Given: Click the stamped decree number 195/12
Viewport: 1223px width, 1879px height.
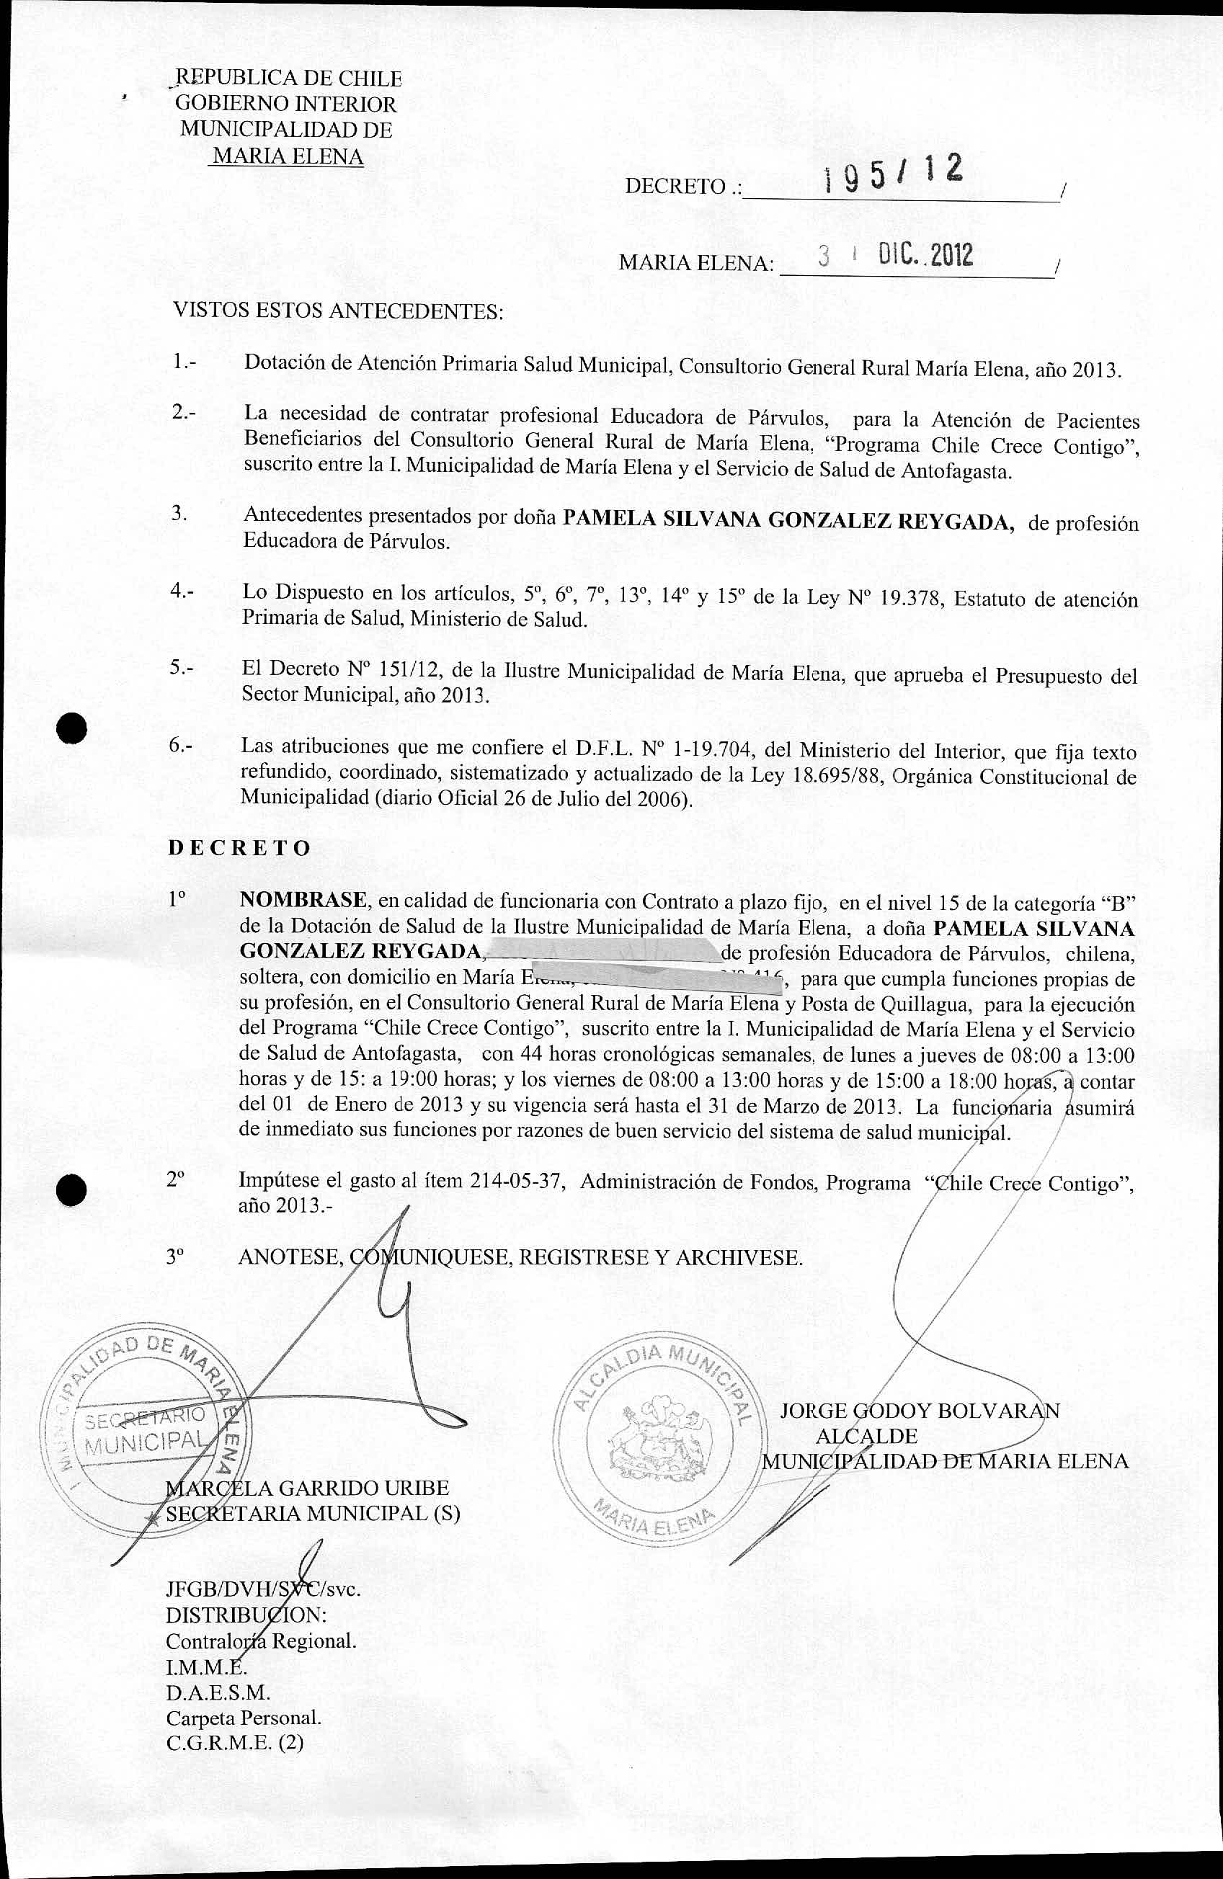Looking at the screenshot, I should [x=892, y=174].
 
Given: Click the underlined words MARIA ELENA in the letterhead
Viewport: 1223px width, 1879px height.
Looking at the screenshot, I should [x=288, y=156].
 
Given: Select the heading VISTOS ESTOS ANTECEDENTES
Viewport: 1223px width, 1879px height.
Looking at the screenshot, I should [x=338, y=311].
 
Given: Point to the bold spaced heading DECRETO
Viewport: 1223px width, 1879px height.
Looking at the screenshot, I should [x=239, y=848].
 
